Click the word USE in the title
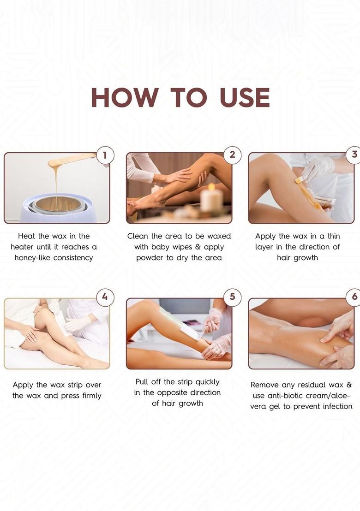pos(244,97)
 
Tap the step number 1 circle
pos(105,155)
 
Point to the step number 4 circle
pos(105,297)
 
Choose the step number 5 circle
pos(232,297)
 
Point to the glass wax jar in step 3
pos(322,202)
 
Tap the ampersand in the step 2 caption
pos(198,247)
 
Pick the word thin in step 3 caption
pos(333,236)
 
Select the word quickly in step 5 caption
pos(207,382)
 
